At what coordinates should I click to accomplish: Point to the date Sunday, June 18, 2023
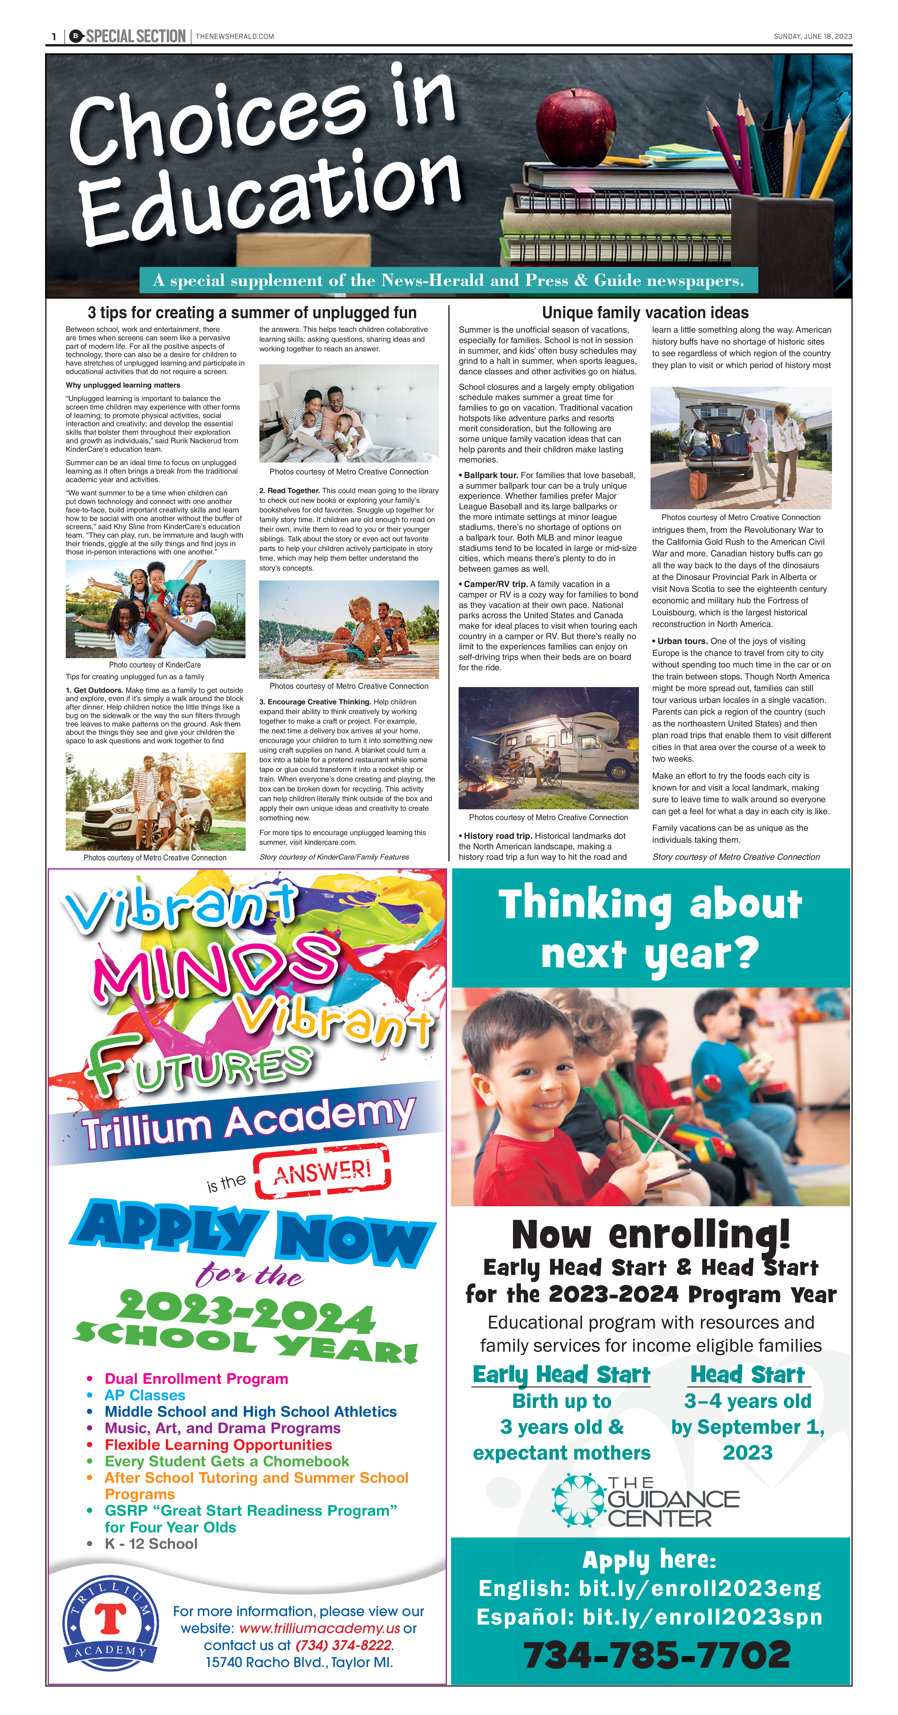pyautogui.click(x=812, y=37)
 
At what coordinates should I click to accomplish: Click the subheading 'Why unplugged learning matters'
pyautogui.click(x=122, y=385)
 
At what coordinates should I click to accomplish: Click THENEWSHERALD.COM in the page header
pyautogui.click(x=234, y=37)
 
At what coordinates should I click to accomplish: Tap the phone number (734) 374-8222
pyautogui.click(x=344, y=1645)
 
